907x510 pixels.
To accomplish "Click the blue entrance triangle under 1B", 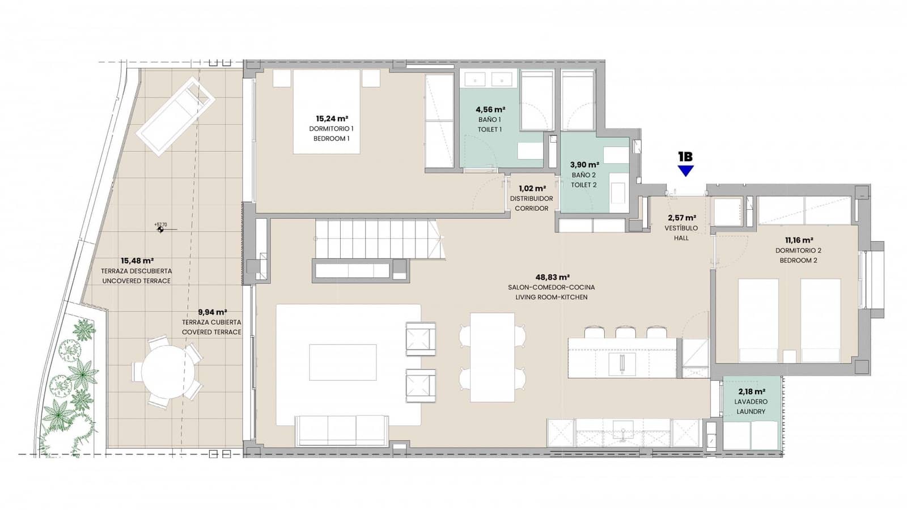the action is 686,171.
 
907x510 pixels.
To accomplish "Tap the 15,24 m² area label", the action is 332,118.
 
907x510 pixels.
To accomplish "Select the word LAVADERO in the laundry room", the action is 751,402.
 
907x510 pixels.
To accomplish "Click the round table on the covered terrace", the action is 167,372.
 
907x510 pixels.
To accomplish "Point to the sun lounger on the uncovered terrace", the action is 175,117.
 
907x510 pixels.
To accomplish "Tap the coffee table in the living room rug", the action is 342,362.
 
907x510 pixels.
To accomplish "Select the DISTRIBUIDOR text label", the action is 531,199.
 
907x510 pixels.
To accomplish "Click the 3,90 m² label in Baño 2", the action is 584,165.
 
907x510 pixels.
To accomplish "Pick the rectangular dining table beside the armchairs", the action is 493,358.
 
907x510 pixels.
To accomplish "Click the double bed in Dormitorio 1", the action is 327,112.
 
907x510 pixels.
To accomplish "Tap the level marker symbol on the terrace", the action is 161,229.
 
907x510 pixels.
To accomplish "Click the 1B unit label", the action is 685,156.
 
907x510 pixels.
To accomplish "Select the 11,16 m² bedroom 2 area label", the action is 798,240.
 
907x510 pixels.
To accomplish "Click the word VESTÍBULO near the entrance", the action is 681,228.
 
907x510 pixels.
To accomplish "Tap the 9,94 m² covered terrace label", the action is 212,312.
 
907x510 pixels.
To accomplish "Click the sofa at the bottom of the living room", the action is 341,431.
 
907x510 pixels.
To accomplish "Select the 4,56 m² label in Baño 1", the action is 490,109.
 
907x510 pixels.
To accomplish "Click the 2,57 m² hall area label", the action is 682,218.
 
